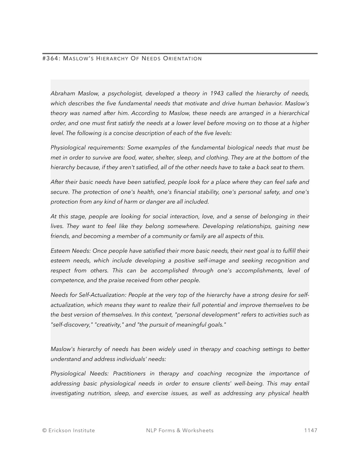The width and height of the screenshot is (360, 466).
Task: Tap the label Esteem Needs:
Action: click(x=71, y=251)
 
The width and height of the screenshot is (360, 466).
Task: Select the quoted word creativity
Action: click(x=109, y=325)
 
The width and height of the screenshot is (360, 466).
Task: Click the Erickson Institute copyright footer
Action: click(x=69, y=430)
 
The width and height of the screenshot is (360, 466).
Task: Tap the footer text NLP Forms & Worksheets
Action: click(x=180, y=430)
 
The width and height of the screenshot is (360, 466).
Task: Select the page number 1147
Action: click(x=311, y=430)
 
